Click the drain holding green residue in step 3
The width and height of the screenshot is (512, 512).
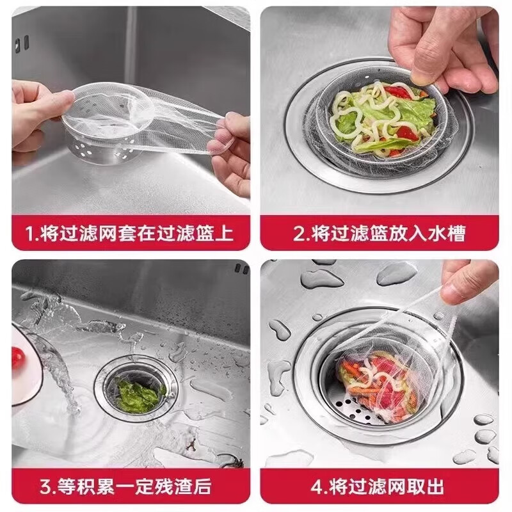pos(136,390)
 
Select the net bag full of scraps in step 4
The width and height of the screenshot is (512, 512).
pos(378,381)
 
